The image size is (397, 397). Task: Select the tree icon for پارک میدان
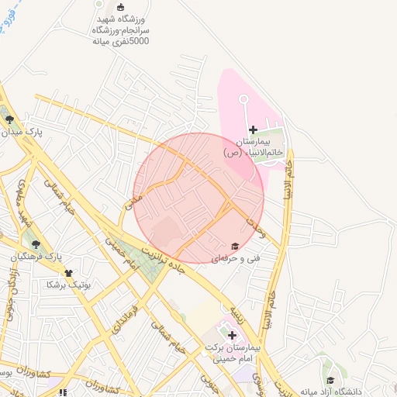tap(9, 119)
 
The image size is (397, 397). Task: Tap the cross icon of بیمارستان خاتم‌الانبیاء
tap(253, 129)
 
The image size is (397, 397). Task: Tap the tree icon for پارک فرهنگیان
tap(36, 243)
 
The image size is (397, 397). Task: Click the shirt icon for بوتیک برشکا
tap(69, 273)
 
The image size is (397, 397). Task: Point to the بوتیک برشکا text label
tap(69, 285)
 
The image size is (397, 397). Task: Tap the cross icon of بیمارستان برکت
tap(231, 334)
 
